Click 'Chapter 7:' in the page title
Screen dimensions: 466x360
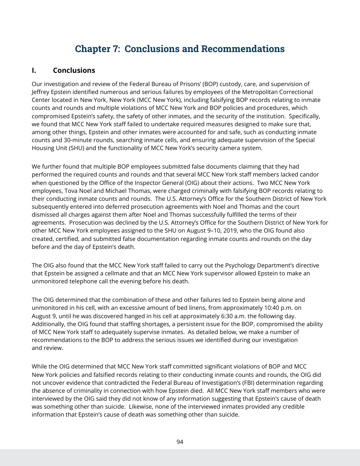(x=98, y=49)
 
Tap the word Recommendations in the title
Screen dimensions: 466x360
(x=243, y=49)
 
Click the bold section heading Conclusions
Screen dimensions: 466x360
(x=74, y=70)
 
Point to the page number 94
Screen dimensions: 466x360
(x=180, y=442)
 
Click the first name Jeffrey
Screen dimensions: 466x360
(x=43, y=92)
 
